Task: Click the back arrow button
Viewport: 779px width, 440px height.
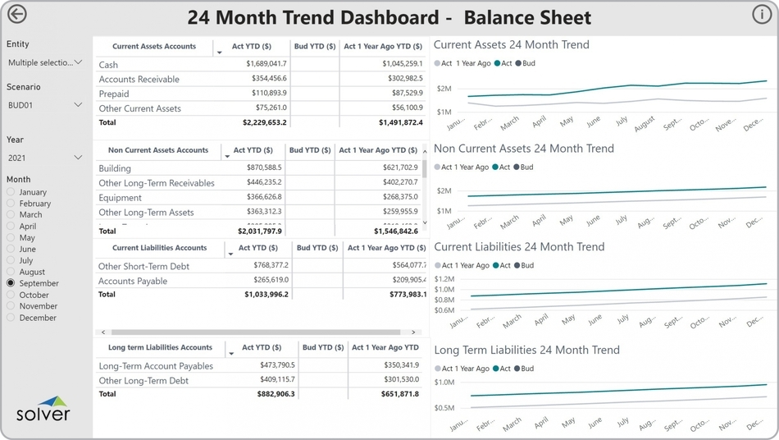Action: (16, 15)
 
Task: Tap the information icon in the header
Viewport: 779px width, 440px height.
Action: (761, 15)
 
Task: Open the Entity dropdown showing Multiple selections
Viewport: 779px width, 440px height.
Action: (44, 62)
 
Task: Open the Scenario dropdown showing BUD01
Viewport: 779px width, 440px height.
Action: (44, 105)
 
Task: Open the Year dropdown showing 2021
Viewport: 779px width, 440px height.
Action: (44, 158)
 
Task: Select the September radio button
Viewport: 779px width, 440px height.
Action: (11, 283)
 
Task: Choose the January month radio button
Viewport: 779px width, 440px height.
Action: (11, 192)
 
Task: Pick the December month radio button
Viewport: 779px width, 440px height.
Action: (11, 318)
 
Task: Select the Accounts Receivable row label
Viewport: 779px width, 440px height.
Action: (139, 79)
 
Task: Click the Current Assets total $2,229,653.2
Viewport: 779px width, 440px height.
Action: (265, 122)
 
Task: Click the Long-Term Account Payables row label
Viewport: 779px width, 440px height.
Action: (156, 366)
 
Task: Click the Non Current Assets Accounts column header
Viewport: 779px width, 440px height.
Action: (158, 151)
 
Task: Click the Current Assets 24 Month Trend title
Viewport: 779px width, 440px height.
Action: (511, 45)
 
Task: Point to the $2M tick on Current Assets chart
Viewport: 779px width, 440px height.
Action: (444, 89)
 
